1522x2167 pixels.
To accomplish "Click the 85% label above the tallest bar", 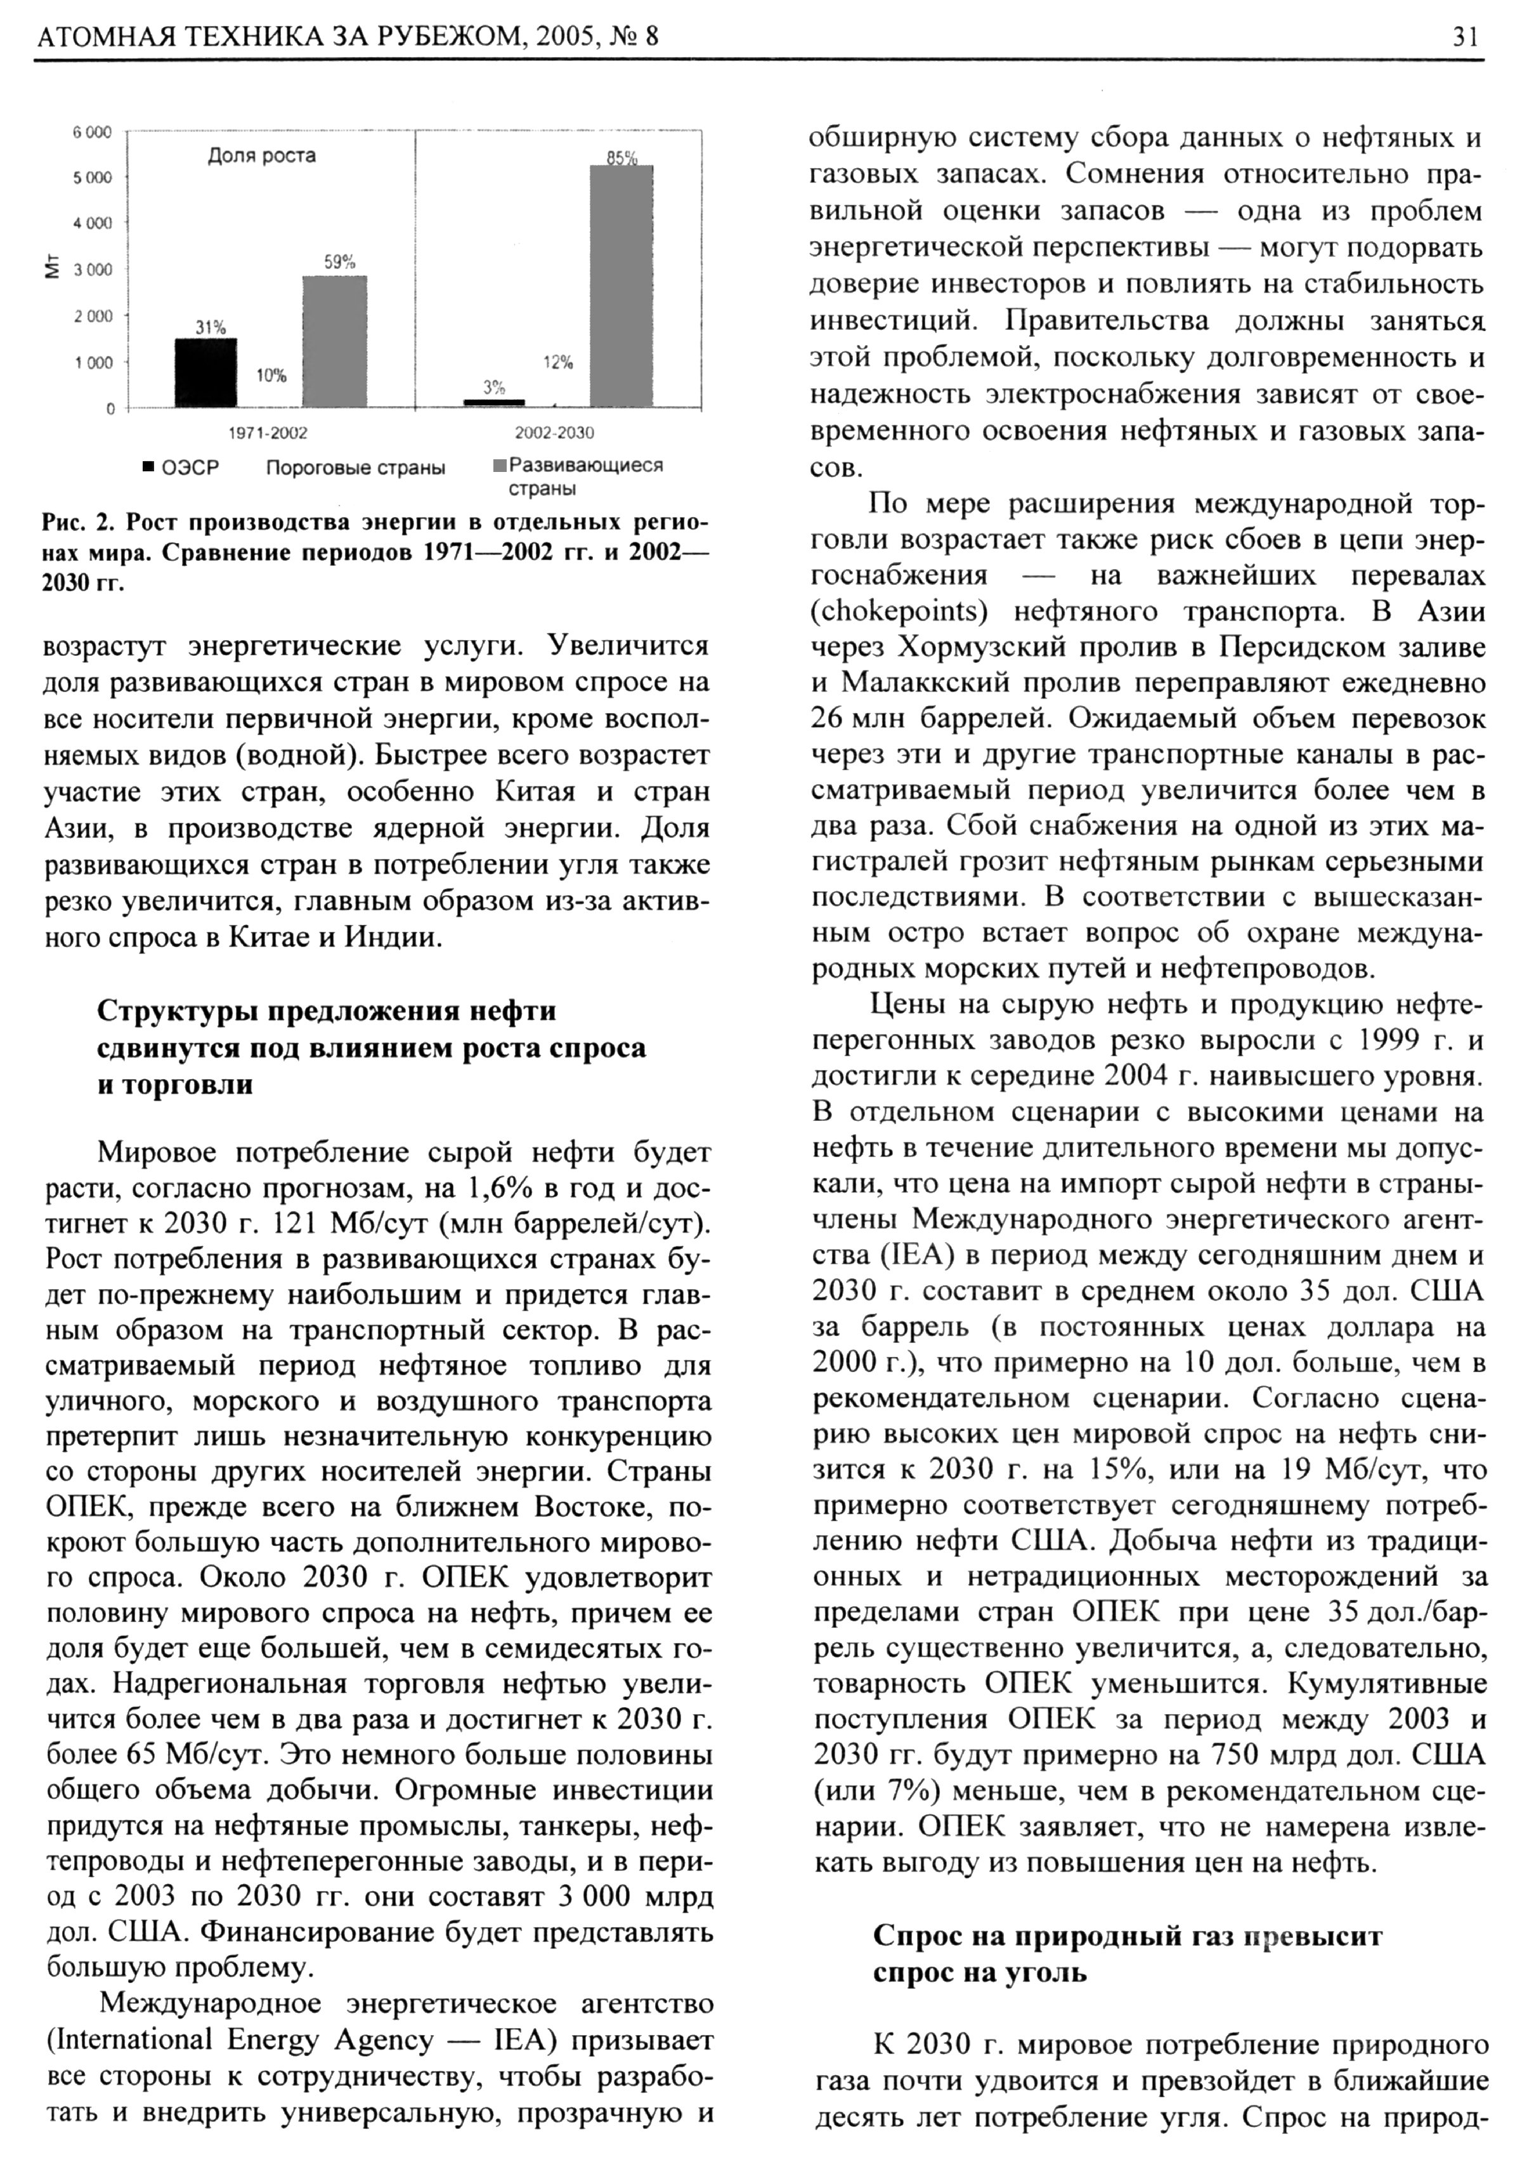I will pyautogui.click(x=622, y=159).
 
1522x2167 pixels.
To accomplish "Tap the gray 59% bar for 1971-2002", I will pyautogui.click(x=335, y=342).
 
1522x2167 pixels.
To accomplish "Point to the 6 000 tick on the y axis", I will pyautogui.click(x=93, y=132).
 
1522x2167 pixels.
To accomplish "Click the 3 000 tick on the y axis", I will pyautogui.click(x=93, y=270).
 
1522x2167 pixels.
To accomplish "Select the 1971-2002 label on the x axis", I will pyautogui.click(x=269, y=433).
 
